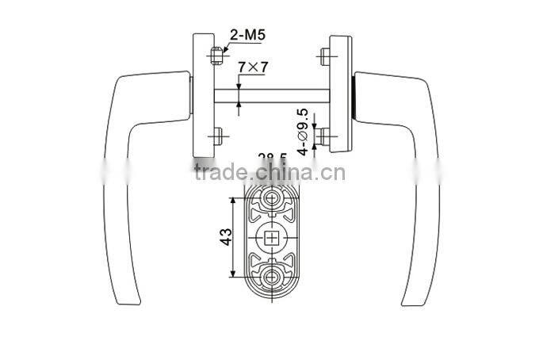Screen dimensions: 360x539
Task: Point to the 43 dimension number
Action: (x=225, y=236)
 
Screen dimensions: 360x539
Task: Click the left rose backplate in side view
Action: (x=202, y=95)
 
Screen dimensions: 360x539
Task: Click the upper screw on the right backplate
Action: (x=325, y=56)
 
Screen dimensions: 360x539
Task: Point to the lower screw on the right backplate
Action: (x=324, y=137)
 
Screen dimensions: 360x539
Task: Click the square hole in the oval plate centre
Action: (x=272, y=237)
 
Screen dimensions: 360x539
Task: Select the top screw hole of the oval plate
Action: (x=272, y=199)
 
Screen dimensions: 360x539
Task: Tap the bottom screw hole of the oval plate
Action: (x=272, y=276)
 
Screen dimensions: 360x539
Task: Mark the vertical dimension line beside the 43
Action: (x=233, y=237)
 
